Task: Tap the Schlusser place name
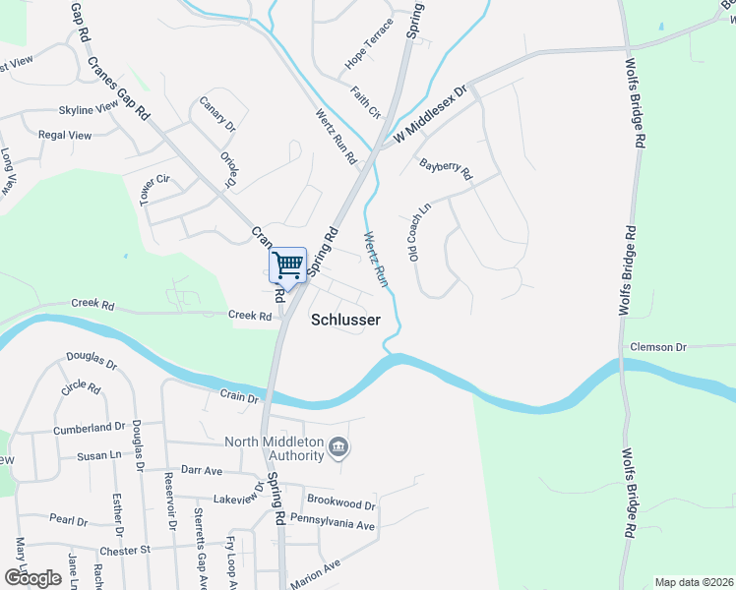point(345,320)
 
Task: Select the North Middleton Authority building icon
point(338,447)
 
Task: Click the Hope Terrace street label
point(368,44)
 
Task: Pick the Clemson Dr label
point(658,347)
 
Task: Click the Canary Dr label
point(217,113)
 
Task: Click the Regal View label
point(64,135)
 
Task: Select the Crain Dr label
point(238,398)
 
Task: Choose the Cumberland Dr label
point(89,428)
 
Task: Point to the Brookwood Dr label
point(340,503)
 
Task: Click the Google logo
point(31,578)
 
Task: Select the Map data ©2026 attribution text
point(693,582)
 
